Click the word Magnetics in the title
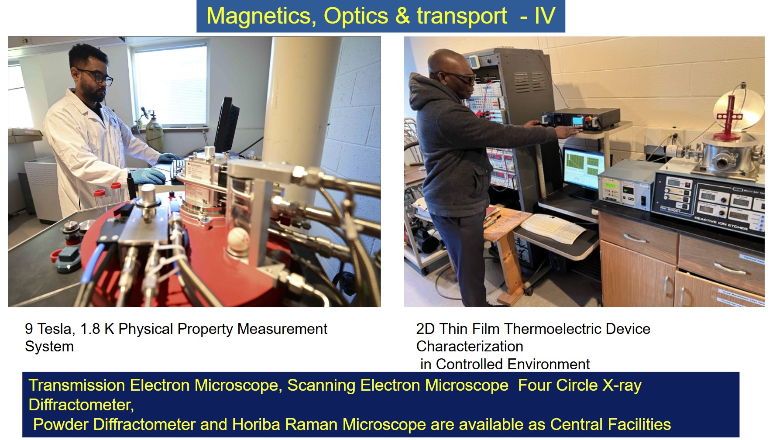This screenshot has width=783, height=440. click(261, 16)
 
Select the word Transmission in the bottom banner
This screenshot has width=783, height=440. click(77, 385)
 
